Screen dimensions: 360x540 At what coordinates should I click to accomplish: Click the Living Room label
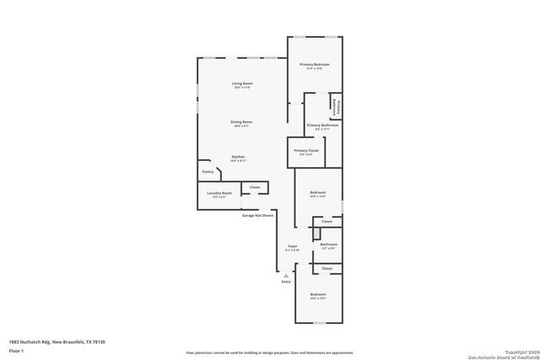pyautogui.click(x=242, y=83)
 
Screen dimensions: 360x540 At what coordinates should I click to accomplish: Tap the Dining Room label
pyautogui.click(x=242, y=122)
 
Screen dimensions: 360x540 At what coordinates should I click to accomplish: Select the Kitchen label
pyautogui.click(x=239, y=158)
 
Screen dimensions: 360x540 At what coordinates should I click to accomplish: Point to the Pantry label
pyautogui.click(x=208, y=172)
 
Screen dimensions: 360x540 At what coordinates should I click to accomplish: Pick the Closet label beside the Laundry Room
pyautogui.click(x=254, y=187)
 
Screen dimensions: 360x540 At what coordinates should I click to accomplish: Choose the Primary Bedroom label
pyautogui.click(x=315, y=65)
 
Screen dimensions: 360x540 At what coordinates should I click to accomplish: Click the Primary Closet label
pyautogui.click(x=306, y=151)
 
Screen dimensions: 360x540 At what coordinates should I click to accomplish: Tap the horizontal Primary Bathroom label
pyautogui.click(x=322, y=126)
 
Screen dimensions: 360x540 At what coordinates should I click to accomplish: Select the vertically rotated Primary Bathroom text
pyautogui.click(x=335, y=104)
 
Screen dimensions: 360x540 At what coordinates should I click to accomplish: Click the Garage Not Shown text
pyautogui.click(x=257, y=216)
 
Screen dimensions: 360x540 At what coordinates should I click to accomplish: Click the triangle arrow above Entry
pyautogui.click(x=286, y=275)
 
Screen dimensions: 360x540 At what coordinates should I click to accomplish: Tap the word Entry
pyautogui.click(x=286, y=282)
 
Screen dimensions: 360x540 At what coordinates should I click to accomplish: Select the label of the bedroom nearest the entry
pyautogui.click(x=317, y=296)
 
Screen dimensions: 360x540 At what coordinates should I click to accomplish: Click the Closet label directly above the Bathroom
pyautogui.click(x=327, y=222)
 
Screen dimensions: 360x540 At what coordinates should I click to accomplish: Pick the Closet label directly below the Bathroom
pyautogui.click(x=327, y=268)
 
